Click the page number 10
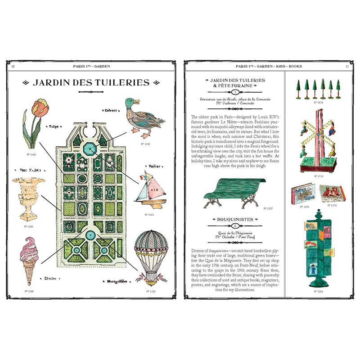tap(13, 66)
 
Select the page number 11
tap(347, 66)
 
